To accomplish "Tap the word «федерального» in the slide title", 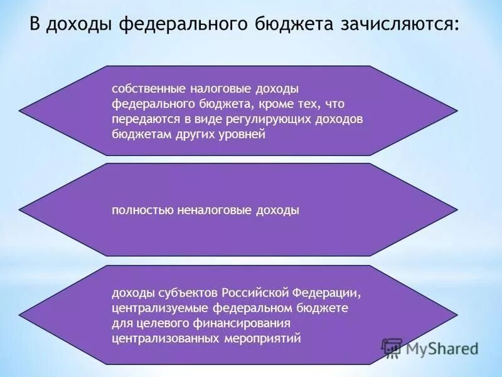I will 182,25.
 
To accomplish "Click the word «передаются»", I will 140,118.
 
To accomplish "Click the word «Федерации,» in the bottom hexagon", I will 328,293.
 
